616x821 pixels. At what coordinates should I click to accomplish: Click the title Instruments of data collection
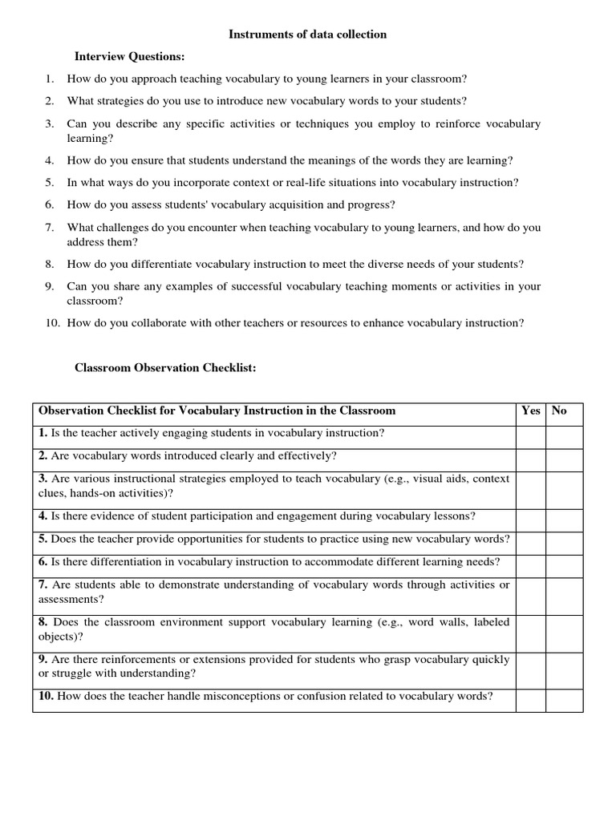(x=308, y=34)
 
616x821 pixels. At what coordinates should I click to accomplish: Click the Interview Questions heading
(x=129, y=57)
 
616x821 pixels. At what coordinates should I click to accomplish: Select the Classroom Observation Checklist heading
(x=165, y=368)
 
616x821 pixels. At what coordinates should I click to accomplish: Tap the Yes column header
(x=530, y=410)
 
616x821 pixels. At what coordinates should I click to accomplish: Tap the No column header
(x=559, y=410)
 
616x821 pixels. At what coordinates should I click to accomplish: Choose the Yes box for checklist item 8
(x=530, y=630)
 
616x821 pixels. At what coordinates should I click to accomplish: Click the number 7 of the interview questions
(x=49, y=228)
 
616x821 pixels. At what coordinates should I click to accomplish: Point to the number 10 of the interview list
(x=52, y=323)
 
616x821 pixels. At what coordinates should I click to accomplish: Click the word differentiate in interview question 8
(x=156, y=264)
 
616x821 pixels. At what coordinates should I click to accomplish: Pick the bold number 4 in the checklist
(x=43, y=516)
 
